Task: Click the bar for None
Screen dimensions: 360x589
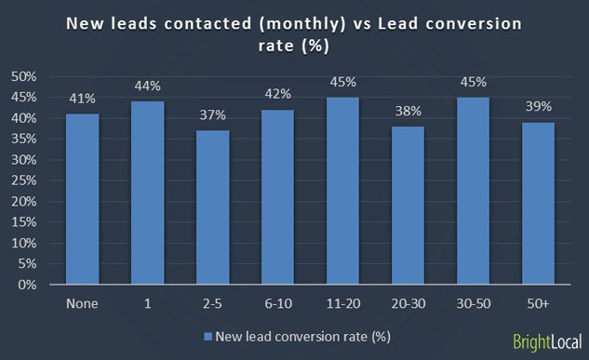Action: pos(83,199)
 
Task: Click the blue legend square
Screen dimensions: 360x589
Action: pos(207,336)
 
